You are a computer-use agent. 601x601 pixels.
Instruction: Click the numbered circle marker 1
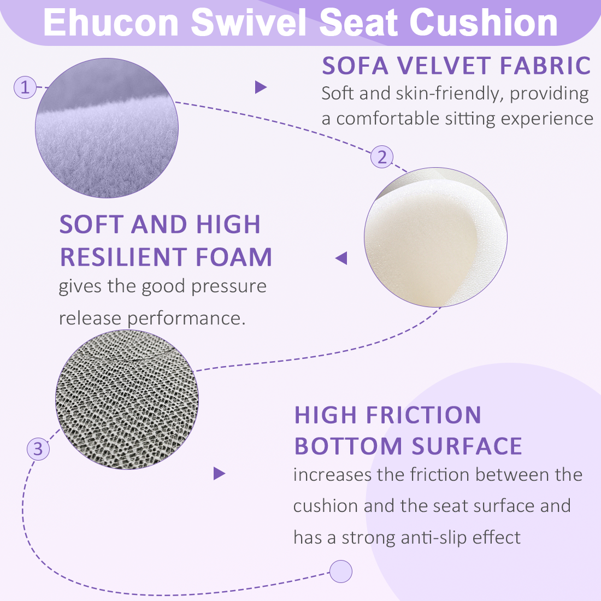coord(25,87)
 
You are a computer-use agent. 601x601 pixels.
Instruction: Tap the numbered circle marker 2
coord(382,157)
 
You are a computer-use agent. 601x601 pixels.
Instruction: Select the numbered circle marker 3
coord(38,449)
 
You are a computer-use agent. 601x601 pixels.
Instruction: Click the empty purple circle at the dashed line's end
coord(341,571)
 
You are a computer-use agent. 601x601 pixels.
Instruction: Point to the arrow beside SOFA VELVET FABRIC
coord(261,87)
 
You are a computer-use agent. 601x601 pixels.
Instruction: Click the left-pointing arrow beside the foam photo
coord(341,258)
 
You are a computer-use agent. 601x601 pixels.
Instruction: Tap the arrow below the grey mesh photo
coord(219,473)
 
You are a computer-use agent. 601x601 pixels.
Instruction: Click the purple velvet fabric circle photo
coord(107,128)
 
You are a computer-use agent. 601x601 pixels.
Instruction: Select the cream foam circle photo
coord(435,237)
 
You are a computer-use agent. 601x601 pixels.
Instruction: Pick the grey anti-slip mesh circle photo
coord(127,400)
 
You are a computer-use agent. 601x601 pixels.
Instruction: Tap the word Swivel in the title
coord(249,23)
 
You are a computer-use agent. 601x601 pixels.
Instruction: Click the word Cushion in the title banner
coord(484,23)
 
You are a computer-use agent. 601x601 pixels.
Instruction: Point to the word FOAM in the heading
coord(234,257)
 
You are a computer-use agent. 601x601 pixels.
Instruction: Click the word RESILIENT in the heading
coord(122,257)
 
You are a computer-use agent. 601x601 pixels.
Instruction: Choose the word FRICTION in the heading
coord(423,415)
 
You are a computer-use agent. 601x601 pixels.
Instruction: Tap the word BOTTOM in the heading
coord(348,446)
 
